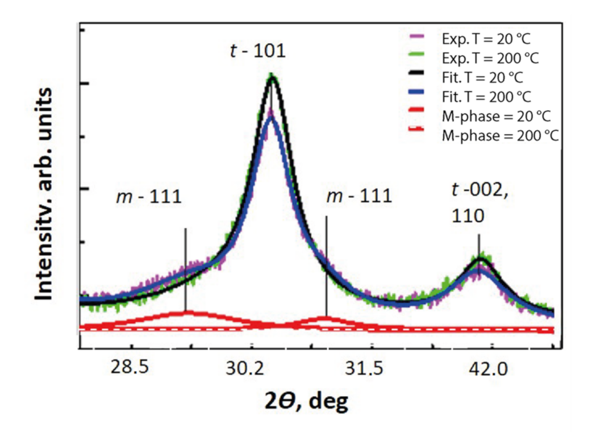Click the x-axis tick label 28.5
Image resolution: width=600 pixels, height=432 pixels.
click(130, 368)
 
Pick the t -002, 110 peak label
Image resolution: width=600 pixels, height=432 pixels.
click(480, 205)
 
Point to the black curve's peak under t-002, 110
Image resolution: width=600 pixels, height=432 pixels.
click(481, 260)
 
